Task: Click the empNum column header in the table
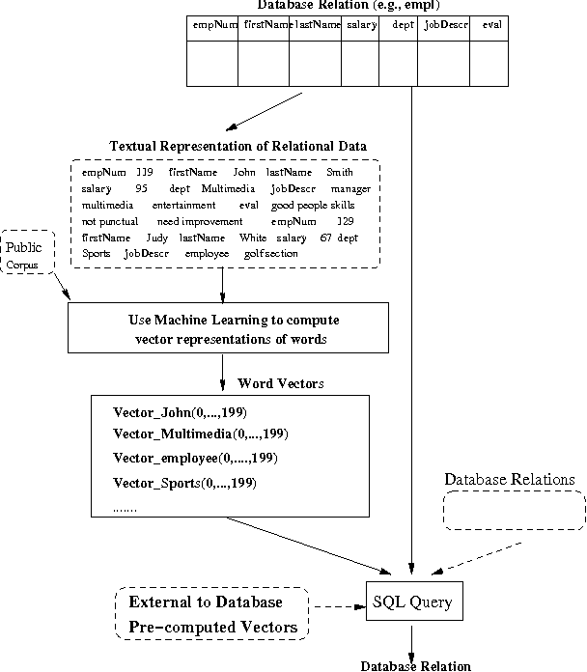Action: pos(210,25)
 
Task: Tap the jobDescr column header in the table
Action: pos(445,25)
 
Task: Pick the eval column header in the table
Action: pos(491,25)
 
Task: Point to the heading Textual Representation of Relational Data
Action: pos(238,146)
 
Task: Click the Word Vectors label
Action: pos(280,383)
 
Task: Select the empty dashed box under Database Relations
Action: pos(514,510)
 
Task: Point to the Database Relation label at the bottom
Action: pos(415,665)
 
